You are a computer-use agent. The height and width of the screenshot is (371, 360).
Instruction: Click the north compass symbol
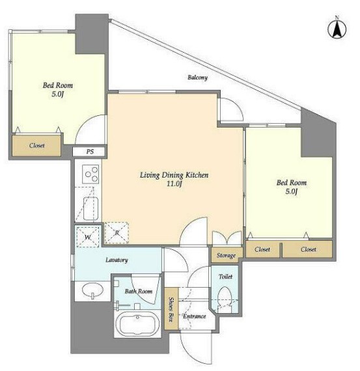point(337,29)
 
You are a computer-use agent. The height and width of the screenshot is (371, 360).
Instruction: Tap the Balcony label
point(197,77)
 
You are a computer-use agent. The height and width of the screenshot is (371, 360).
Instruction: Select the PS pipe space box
point(89,151)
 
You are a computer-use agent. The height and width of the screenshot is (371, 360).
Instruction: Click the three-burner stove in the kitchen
point(90,174)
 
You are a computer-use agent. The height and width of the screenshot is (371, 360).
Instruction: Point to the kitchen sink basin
point(90,208)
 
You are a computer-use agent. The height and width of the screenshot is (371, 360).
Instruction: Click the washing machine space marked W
point(88,237)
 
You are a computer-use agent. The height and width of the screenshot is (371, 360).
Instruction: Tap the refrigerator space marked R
point(117,233)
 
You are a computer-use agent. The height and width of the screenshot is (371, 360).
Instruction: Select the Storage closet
point(227,255)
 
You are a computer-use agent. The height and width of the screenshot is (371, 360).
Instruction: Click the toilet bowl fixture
point(224,299)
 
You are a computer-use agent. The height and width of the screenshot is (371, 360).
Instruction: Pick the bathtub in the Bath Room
point(137,323)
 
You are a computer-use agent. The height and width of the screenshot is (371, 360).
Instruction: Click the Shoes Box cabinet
point(171,309)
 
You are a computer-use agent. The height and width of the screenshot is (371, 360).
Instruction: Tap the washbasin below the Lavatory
point(92,290)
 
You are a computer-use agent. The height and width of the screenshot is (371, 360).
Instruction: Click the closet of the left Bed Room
point(36,146)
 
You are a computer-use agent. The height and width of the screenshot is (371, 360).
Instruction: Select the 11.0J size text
point(174,184)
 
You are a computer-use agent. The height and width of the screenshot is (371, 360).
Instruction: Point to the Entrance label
point(194,316)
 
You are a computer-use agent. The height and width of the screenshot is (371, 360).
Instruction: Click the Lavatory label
point(117,260)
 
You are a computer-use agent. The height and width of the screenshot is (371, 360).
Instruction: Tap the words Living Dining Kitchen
point(174,175)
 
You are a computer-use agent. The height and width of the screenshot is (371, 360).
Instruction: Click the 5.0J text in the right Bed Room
point(292,191)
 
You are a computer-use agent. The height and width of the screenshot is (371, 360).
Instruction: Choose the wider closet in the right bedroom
point(307,249)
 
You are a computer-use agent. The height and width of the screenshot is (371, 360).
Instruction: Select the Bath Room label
point(139,291)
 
